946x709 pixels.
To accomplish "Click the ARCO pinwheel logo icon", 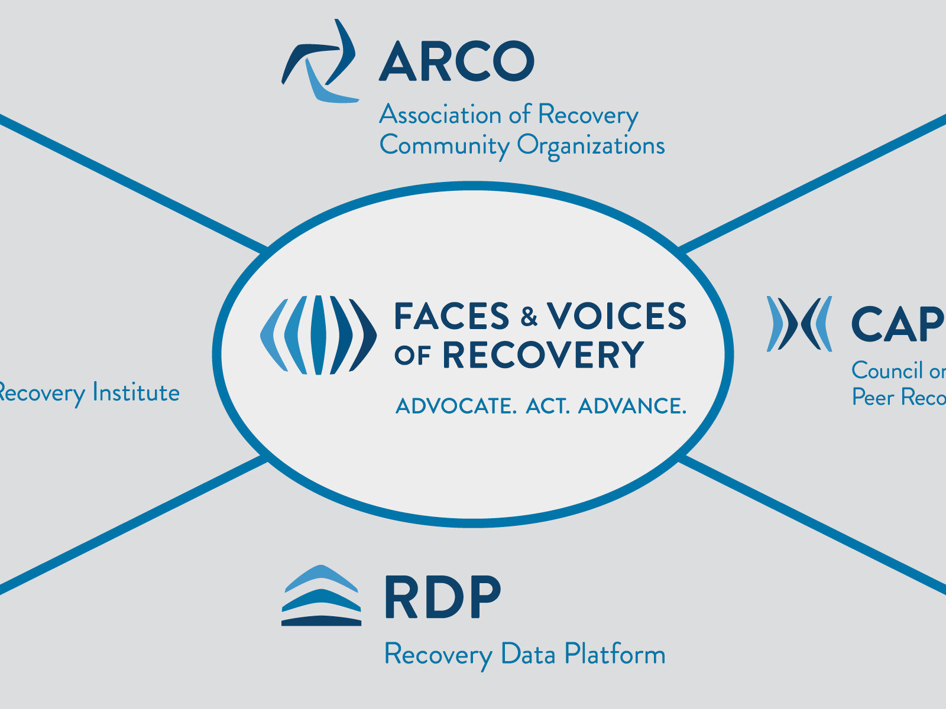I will (x=319, y=62).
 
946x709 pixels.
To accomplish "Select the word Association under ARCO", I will (x=440, y=115).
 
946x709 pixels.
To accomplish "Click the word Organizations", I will (x=591, y=145).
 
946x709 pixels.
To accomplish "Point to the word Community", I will (x=444, y=145).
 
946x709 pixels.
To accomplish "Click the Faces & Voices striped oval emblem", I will (x=318, y=335).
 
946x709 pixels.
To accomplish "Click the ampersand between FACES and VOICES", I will (x=529, y=317).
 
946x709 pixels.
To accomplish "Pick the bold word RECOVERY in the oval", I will (x=543, y=355).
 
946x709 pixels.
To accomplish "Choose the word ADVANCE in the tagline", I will (x=631, y=406).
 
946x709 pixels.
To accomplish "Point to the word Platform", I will (x=614, y=655).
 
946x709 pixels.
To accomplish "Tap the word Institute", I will (x=136, y=393).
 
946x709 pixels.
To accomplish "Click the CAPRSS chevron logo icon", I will (x=799, y=324).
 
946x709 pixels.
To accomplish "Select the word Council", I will (x=887, y=371).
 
